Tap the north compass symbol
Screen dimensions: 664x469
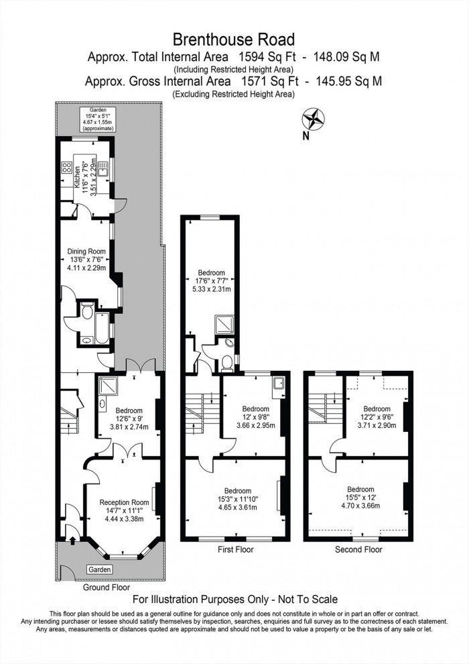pos(312,121)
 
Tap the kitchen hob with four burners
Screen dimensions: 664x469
pos(67,168)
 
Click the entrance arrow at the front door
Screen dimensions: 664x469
pos(72,537)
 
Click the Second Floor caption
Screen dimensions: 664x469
pos(358,549)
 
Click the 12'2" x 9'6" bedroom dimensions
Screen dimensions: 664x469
pos(377,421)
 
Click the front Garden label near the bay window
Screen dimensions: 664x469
pos(99,569)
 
